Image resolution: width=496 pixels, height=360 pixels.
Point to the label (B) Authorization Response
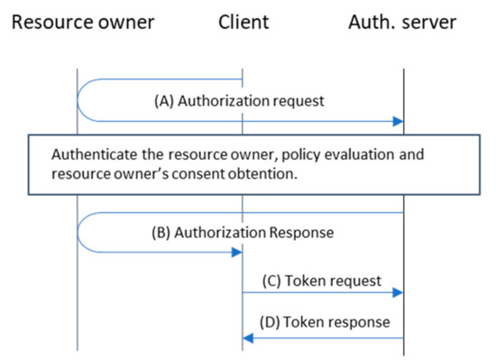[242, 232]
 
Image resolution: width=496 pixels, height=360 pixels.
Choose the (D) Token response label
[325, 320]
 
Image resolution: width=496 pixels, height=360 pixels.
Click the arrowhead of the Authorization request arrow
[398, 120]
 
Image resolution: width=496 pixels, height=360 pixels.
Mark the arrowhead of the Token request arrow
[398, 292]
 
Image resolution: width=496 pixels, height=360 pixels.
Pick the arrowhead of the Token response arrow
[248, 338]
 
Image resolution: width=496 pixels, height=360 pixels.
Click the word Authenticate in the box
[93, 155]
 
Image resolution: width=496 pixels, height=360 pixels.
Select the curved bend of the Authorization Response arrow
[80, 233]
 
